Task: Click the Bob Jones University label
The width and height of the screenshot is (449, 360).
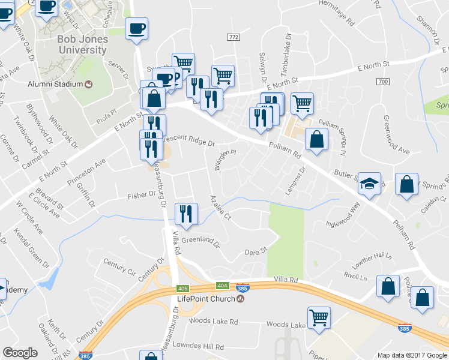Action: (82, 44)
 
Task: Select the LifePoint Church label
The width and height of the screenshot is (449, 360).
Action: (205, 299)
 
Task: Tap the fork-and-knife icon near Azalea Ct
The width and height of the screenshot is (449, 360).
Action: (186, 215)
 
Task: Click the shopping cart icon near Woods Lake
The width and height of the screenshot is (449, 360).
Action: (319, 318)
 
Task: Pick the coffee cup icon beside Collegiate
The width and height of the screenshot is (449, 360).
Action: (136, 28)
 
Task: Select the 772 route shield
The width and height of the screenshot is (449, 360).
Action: (234, 37)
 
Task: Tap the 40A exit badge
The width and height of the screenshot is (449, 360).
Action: (223, 286)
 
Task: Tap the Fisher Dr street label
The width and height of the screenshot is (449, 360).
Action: (142, 196)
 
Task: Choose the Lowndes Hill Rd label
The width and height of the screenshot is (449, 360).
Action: (197, 347)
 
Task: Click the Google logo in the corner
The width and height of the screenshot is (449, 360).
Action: (20, 353)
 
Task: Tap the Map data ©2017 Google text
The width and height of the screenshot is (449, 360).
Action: (412, 355)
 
